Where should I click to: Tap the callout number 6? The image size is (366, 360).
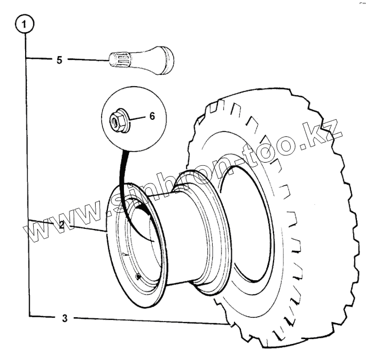coord(152,116)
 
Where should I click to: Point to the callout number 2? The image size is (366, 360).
coord(62,225)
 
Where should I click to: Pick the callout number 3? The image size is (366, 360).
coord(64,319)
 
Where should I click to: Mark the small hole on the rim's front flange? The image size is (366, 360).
coord(138,277)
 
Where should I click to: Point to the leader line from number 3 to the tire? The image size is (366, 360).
coord(150,320)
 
